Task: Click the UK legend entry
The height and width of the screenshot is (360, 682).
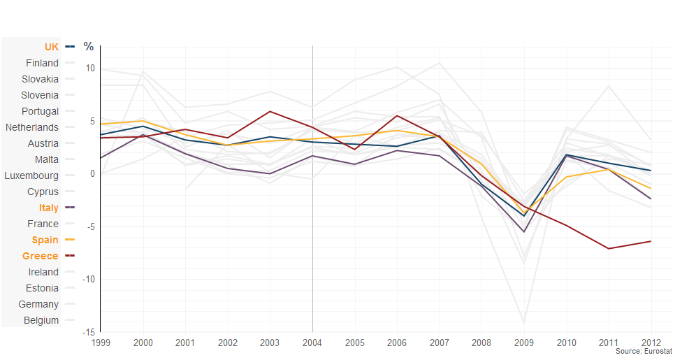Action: tap(52, 47)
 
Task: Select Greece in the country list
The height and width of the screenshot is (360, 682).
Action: tap(41, 256)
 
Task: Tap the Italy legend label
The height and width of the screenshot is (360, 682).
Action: tap(49, 208)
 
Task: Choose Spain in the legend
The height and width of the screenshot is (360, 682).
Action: tap(45, 240)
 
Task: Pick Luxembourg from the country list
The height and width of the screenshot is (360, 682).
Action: tap(31, 175)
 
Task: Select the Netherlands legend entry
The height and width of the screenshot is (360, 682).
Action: tap(32, 127)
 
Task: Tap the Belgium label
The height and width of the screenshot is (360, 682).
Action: tap(41, 320)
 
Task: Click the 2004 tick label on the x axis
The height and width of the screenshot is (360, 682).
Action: tap(312, 343)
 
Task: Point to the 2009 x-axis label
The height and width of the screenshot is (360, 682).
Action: tap(524, 343)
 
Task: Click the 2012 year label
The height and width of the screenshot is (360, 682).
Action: tap(651, 343)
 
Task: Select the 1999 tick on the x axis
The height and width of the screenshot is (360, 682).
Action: tap(101, 343)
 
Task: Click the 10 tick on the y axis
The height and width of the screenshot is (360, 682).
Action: tap(90, 68)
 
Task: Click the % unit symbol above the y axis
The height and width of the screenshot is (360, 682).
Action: tap(89, 47)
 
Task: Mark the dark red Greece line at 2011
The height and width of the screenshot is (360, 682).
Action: tap(609, 248)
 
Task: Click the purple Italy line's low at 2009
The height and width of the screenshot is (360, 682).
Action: tap(524, 231)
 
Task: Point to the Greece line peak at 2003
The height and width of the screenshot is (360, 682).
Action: tap(270, 111)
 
